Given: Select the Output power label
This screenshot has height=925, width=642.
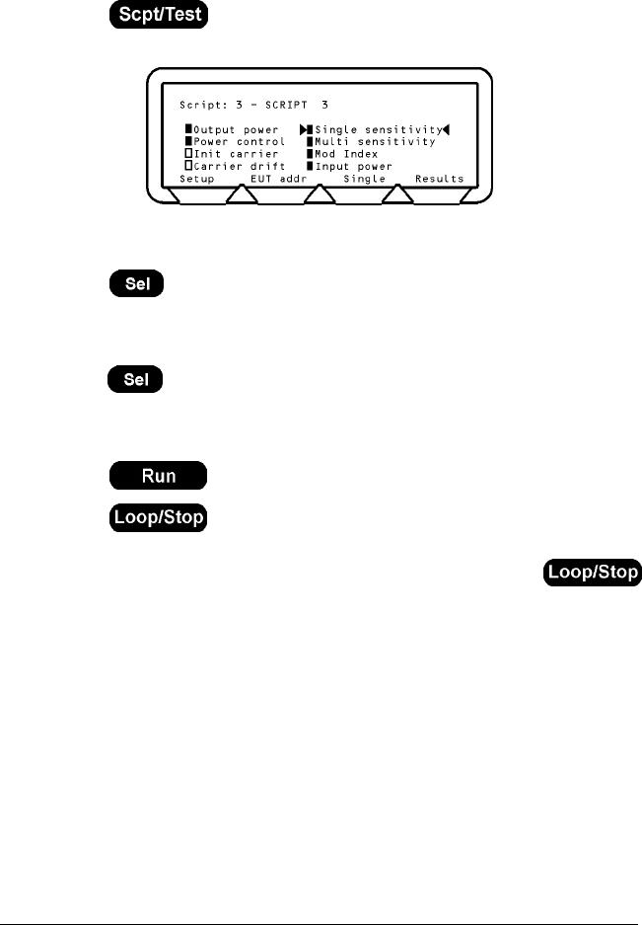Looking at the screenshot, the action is coord(237,129).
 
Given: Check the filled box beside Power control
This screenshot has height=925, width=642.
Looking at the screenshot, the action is coord(187,142).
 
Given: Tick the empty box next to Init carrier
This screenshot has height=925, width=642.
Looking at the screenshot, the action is coord(187,154).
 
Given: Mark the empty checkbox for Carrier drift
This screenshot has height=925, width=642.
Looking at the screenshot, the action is coord(187,167).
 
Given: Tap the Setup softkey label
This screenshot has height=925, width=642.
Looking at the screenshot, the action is coord(196,179).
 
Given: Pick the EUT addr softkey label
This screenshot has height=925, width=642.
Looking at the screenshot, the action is coord(279,179).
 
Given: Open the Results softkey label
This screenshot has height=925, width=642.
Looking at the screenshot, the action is coord(439,179).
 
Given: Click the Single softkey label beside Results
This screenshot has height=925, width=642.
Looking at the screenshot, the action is coord(363,179).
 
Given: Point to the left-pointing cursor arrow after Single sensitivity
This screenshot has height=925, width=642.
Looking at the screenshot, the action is coord(446,129).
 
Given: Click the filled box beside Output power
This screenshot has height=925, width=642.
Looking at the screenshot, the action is coord(187,129).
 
